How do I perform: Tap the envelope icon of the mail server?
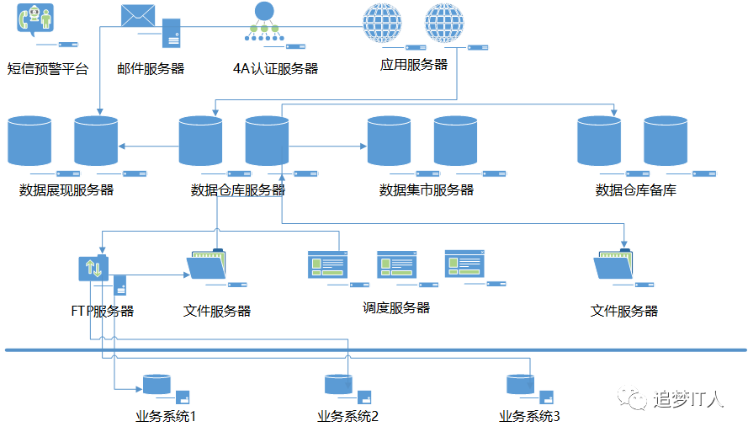tap(139, 16)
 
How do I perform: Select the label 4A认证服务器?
tap(275, 69)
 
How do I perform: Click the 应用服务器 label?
tap(413, 64)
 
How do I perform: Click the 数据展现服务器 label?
tap(66, 190)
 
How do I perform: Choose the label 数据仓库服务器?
tap(238, 190)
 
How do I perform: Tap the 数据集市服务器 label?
tap(427, 190)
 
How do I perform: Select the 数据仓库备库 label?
tap(635, 190)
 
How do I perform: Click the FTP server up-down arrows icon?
tap(93, 269)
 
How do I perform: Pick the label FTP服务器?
tap(103, 311)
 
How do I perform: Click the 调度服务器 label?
tap(396, 308)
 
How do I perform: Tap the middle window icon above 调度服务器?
tap(397, 264)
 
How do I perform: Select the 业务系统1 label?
tap(166, 416)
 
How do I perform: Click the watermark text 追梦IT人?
tap(687, 399)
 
